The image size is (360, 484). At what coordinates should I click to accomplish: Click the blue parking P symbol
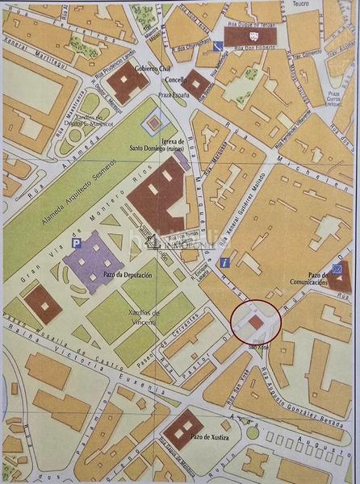(77, 242)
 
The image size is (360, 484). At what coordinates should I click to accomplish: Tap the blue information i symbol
(228, 262)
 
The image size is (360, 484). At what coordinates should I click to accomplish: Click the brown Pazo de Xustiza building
(183, 427)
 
